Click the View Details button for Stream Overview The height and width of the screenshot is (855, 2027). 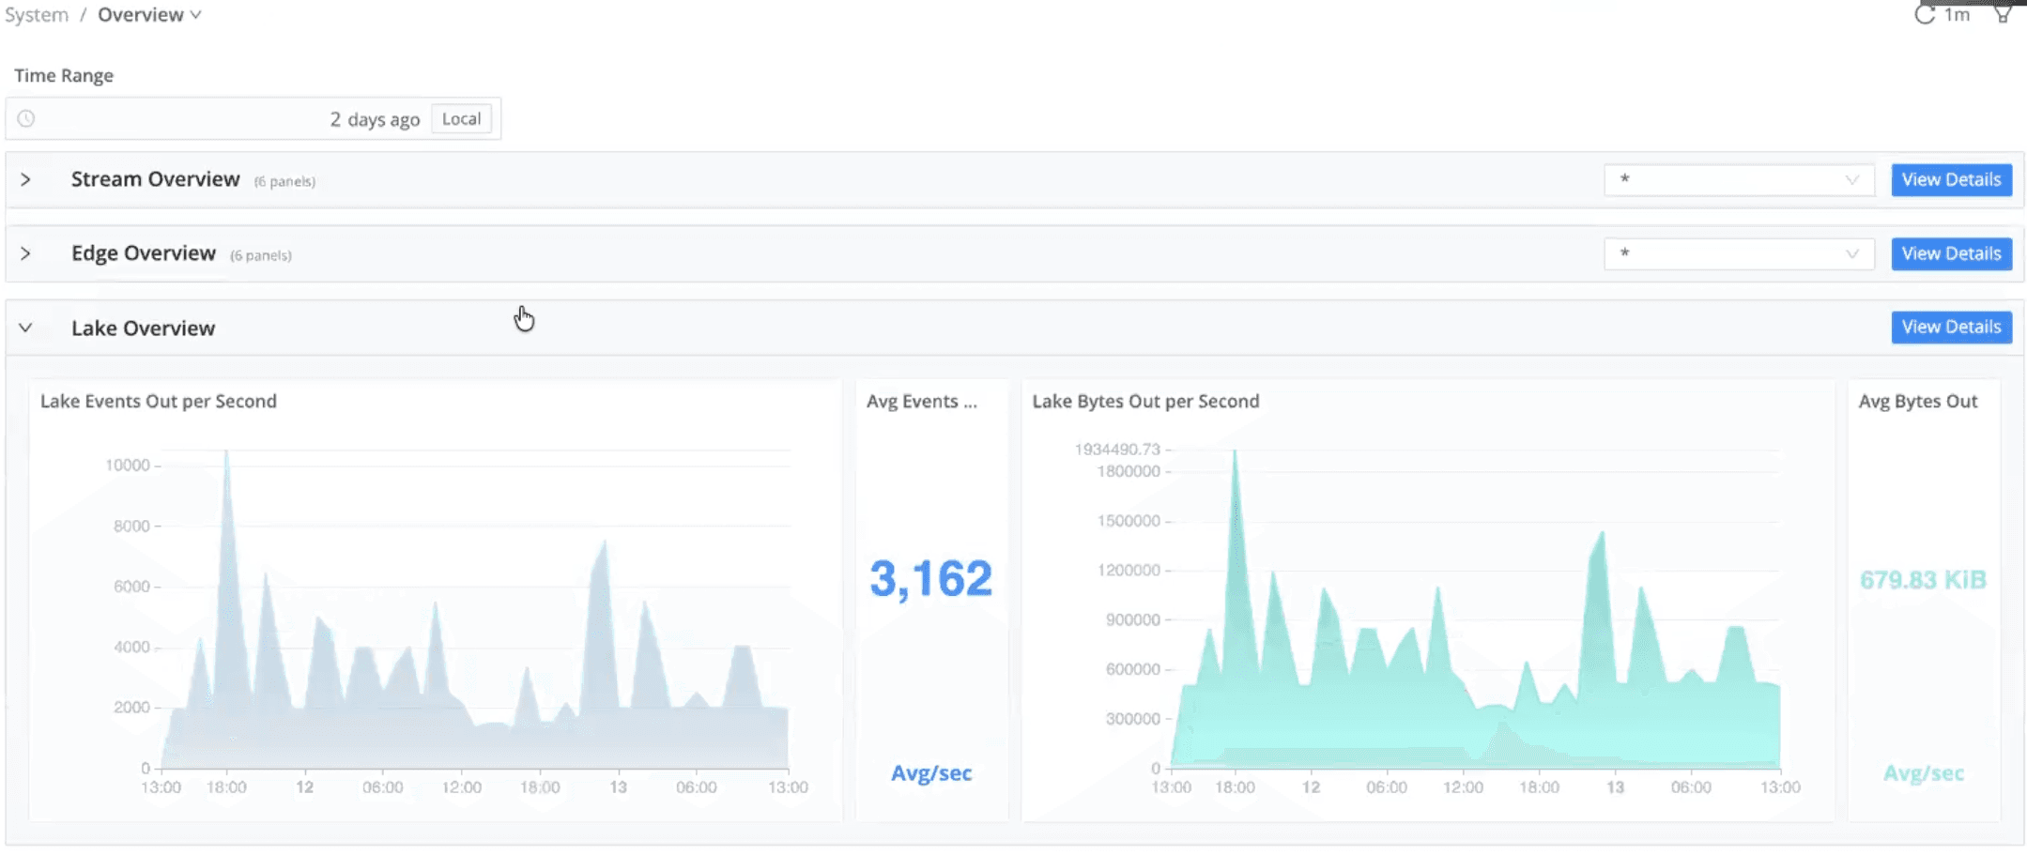(x=1950, y=179)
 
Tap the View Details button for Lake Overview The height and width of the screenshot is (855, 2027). (x=1950, y=327)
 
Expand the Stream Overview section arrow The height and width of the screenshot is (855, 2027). (x=25, y=179)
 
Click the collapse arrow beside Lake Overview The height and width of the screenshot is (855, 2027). (x=25, y=328)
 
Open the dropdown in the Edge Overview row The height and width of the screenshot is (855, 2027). (x=1738, y=253)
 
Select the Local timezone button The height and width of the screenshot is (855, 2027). (x=461, y=119)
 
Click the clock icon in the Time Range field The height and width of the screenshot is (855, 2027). (x=26, y=119)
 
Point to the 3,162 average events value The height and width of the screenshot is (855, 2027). (x=929, y=578)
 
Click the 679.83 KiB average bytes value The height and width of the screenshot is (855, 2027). (x=1923, y=580)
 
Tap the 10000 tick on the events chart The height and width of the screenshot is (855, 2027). (x=128, y=466)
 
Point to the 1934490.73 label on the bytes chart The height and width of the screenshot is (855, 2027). (x=1117, y=450)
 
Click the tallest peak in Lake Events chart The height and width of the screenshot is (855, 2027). (x=226, y=453)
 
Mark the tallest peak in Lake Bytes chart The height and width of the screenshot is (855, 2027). (x=1235, y=453)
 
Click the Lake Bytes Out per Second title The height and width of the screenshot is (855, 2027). (x=1145, y=401)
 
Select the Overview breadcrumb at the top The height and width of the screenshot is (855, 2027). (x=141, y=15)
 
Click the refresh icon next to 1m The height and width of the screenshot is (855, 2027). (x=1924, y=15)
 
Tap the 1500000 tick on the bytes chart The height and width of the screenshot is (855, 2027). (x=1129, y=521)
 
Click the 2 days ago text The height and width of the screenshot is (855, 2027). (x=375, y=119)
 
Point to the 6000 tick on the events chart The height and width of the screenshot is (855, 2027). (x=131, y=587)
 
